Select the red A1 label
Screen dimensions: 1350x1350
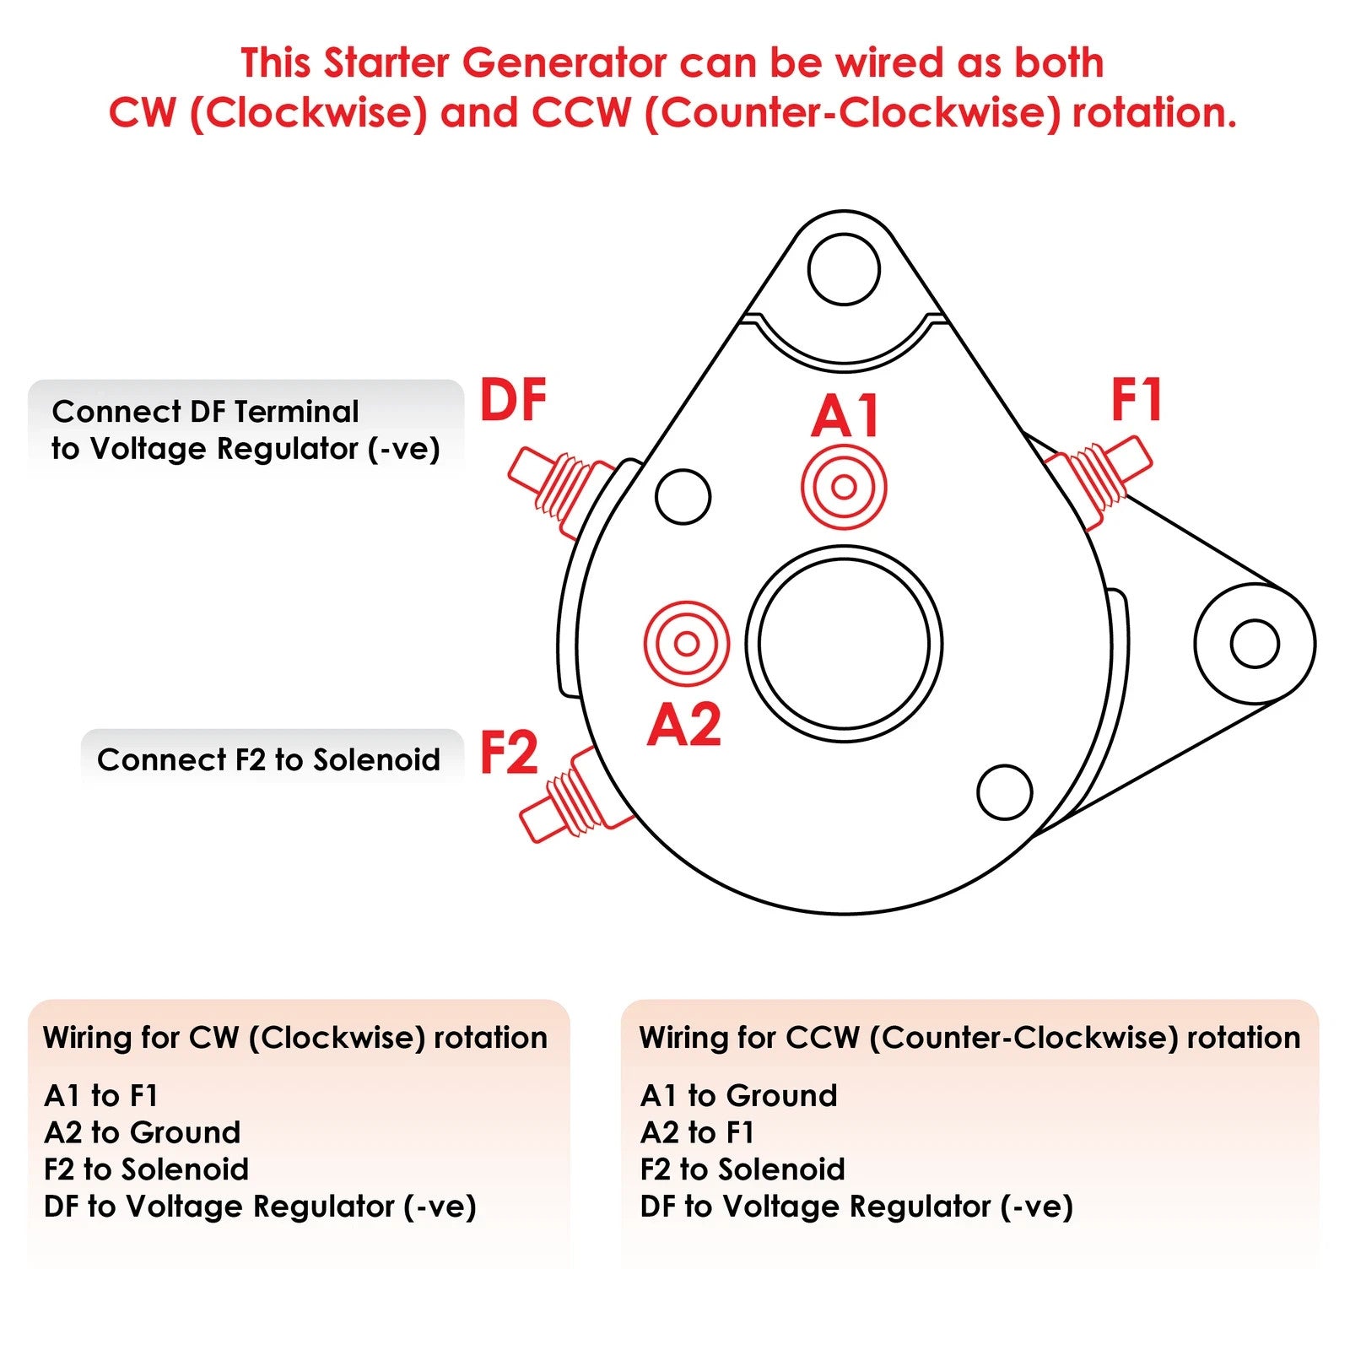(x=845, y=416)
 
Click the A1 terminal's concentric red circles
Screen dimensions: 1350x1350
(x=844, y=487)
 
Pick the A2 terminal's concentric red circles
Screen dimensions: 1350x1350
(x=686, y=644)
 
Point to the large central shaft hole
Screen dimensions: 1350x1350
(x=844, y=644)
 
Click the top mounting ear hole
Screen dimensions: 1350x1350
(x=844, y=269)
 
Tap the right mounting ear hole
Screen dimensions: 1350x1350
(x=1255, y=644)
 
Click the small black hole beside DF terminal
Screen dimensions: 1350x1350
(x=683, y=496)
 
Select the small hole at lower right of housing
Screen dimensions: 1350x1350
(x=1004, y=791)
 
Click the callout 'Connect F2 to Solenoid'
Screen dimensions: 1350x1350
(x=268, y=759)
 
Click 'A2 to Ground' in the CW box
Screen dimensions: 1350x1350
(x=142, y=1132)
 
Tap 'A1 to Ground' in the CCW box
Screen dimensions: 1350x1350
(x=738, y=1095)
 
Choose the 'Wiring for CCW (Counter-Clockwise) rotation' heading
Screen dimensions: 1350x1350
(x=969, y=1037)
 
